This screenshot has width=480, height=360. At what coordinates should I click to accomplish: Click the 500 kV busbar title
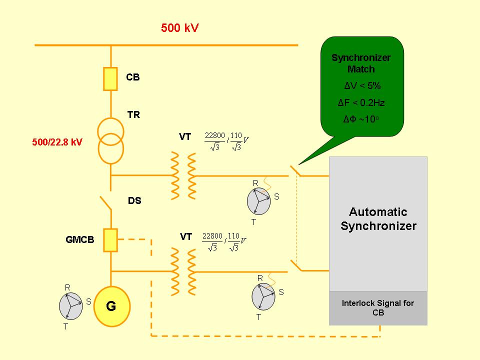coord(179,27)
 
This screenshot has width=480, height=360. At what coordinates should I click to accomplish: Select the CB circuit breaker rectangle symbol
coord(110,78)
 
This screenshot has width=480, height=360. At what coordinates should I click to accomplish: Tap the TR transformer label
coord(133,115)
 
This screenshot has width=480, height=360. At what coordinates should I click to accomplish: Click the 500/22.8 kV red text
coord(57,142)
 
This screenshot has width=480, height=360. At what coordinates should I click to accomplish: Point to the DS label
coord(134,201)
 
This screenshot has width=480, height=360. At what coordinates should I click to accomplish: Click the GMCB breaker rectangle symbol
coord(110,239)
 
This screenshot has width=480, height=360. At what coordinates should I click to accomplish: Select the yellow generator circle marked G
coord(111,306)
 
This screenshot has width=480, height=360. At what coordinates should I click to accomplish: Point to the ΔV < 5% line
coord(362,85)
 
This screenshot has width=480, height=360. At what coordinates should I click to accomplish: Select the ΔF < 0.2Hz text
coord(361,103)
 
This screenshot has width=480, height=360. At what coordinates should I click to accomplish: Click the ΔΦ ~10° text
coord(361,120)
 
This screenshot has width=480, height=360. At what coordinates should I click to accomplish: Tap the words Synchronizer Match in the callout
coord(361,63)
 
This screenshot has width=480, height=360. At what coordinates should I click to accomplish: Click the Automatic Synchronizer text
coord(378,219)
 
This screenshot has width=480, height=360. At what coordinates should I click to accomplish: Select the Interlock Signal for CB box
coord(378,308)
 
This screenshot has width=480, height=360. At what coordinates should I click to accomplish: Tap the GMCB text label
coord(80,239)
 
